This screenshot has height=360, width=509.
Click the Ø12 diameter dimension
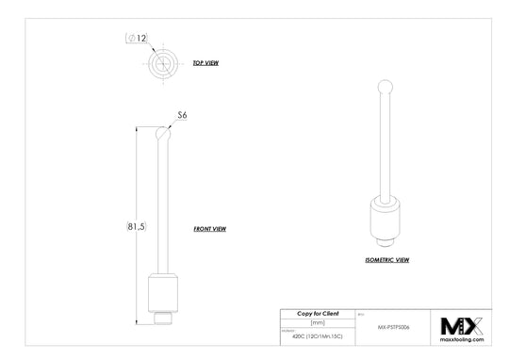click(x=137, y=39)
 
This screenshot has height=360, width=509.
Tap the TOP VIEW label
click(x=205, y=63)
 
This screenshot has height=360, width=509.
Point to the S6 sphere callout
click(x=183, y=114)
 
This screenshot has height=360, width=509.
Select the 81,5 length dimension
click(x=136, y=227)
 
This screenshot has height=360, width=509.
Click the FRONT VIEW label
click(x=209, y=229)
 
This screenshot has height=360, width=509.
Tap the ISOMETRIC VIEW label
click(x=386, y=258)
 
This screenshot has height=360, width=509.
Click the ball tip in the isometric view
click(x=384, y=88)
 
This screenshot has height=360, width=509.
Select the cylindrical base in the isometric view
click(x=384, y=219)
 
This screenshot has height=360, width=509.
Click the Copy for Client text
click(x=318, y=313)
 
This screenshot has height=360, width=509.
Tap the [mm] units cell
click(x=318, y=322)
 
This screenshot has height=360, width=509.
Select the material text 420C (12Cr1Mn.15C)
click(x=318, y=335)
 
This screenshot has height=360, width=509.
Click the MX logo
click(x=462, y=326)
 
